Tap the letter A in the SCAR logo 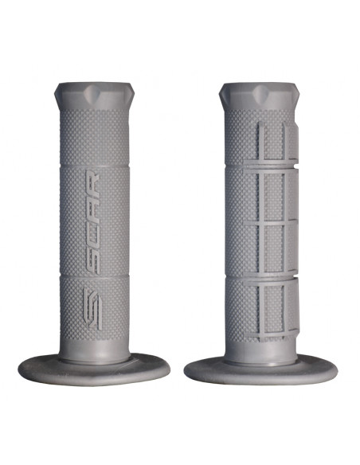click(93, 205)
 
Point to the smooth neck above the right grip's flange click(259, 350)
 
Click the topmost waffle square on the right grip click(276, 141)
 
